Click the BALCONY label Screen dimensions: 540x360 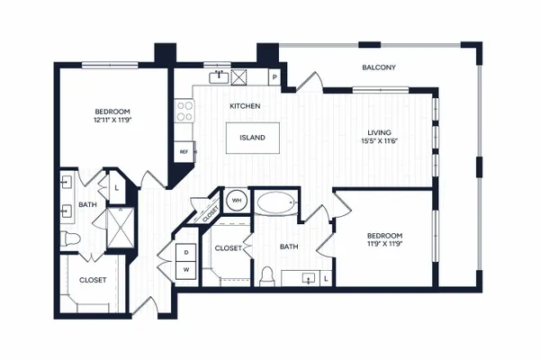point(379,67)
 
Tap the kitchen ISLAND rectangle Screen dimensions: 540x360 point(252,138)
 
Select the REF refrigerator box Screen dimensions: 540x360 point(184,151)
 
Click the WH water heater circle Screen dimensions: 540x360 point(237,200)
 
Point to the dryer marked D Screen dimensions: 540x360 point(186,253)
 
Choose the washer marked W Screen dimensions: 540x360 point(186,270)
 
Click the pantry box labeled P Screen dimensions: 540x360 point(274,77)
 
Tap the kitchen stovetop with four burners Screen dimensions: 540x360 point(184,111)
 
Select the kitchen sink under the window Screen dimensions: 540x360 point(219,77)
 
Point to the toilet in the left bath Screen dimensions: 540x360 point(70,238)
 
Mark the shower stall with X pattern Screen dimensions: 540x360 point(121,228)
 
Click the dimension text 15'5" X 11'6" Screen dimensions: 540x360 point(379,141)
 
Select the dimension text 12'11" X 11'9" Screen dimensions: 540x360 point(113,121)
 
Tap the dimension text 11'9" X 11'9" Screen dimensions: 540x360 point(384,244)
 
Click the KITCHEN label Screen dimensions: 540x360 point(245,106)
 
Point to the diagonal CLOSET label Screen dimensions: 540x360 point(211,214)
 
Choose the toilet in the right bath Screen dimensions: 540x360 point(267,276)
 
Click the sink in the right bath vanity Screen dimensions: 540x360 point(309,278)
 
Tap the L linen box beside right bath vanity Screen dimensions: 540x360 point(326,279)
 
